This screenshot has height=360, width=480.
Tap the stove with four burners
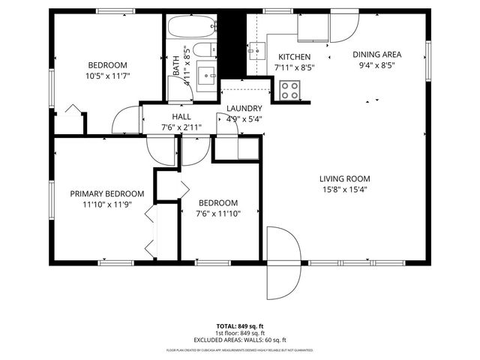289,90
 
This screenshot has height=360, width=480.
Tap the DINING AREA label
377,54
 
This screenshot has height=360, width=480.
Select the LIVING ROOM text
345,178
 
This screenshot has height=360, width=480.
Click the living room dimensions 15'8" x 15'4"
345,190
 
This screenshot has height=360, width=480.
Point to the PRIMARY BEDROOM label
101,193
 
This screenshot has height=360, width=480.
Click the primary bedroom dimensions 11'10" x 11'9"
101,204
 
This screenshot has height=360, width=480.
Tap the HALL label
181,117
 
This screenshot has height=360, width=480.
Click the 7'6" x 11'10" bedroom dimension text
217,213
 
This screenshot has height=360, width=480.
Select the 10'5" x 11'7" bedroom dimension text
107,76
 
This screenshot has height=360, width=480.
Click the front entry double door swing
284,262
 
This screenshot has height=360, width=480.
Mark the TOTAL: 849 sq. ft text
239,326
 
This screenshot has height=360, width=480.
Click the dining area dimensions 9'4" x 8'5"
377,64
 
